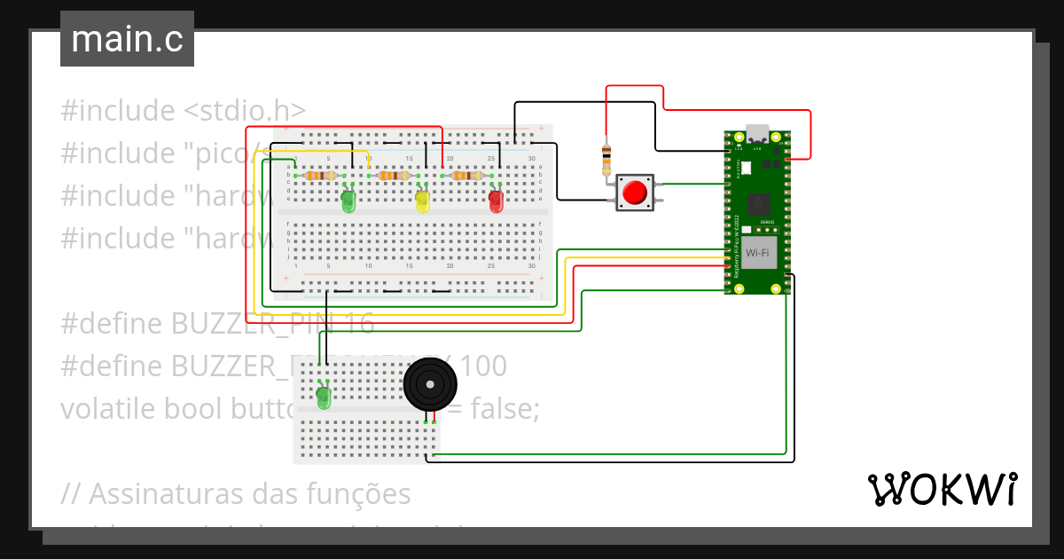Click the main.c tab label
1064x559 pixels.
click(x=127, y=39)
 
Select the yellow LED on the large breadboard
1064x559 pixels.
click(x=423, y=201)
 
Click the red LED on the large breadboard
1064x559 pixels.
click(x=496, y=201)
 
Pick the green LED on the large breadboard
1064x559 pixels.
click(x=349, y=201)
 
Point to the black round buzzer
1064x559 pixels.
click(x=430, y=384)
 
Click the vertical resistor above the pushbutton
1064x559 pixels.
click(x=606, y=160)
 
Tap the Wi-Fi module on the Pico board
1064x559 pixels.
click(x=756, y=253)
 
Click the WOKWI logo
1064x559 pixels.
click(x=942, y=489)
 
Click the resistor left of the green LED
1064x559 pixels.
click(x=318, y=176)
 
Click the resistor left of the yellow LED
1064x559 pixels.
click(x=392, y=176)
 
